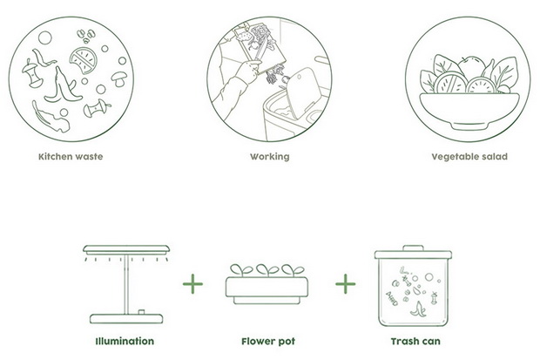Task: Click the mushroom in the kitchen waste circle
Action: (x=118, y=78)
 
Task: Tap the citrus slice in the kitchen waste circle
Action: (x=83, y=60)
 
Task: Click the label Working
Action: (x=270, y=157)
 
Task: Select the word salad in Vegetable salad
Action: (x=495, y=157)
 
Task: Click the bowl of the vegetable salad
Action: (x=469, y=111)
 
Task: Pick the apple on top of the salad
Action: (x=471, y=67)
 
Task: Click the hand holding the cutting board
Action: (x=248, y=71)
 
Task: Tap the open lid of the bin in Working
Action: (x=302, y=92)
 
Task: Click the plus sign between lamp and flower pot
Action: (x=192, y=284)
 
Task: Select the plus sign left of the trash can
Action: (x=346, y=284)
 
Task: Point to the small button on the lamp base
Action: (x=141, y=312)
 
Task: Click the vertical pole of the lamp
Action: (x=126, y=284)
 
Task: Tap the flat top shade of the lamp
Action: (x=126, y=249)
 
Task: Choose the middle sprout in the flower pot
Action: (x=267, y=270)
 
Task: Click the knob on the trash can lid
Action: (x=413, y=248)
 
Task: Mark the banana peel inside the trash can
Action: (x=418, y=309)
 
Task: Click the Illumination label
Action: (x=125, y=342)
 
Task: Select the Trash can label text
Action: (x=415, y=342)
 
